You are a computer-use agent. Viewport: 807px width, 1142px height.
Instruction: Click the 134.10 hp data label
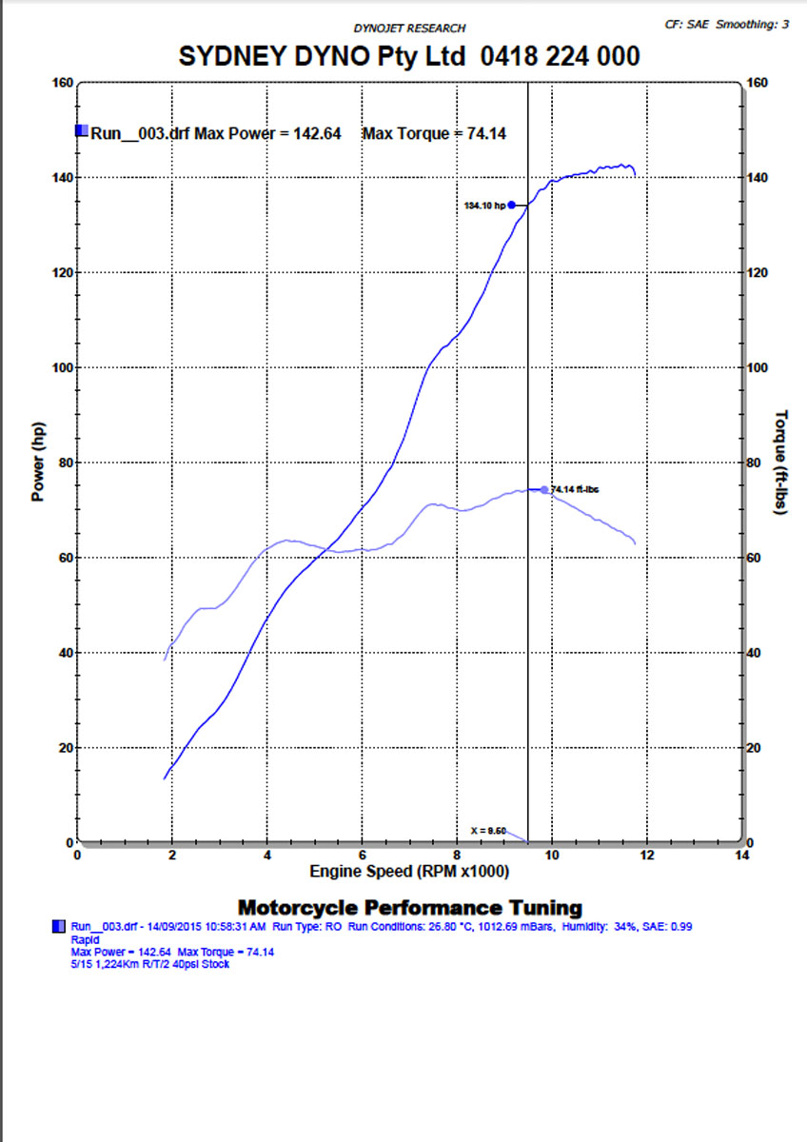(484, 206)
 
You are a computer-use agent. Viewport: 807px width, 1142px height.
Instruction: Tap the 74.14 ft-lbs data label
(575, 489)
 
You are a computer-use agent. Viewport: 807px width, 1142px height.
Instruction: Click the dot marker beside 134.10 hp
(511, 205)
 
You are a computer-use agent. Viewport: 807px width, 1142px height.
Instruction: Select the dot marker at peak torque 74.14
(544, 490)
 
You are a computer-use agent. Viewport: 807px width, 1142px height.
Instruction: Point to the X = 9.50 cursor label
(488, 831)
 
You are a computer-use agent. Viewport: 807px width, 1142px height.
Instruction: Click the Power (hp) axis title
(39, 463)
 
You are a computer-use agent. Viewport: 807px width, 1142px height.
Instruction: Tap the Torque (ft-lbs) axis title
(781, 463)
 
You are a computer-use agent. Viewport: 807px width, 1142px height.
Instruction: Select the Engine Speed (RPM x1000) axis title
(410, 871)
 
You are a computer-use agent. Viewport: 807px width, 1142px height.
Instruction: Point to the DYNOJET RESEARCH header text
(409, 29)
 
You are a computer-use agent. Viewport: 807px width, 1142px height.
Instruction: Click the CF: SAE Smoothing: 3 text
(728, 24)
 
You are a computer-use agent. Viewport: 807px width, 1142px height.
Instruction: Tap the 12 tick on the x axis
(647, 855)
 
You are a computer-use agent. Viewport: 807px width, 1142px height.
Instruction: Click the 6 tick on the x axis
(362, 855)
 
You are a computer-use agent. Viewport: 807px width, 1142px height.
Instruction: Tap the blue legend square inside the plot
(82, 131)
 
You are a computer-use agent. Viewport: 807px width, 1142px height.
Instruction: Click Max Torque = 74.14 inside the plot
(434, 133)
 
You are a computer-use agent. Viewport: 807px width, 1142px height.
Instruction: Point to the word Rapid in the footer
(86, 938)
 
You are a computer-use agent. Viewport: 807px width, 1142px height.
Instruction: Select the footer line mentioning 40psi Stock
(150, 964)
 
